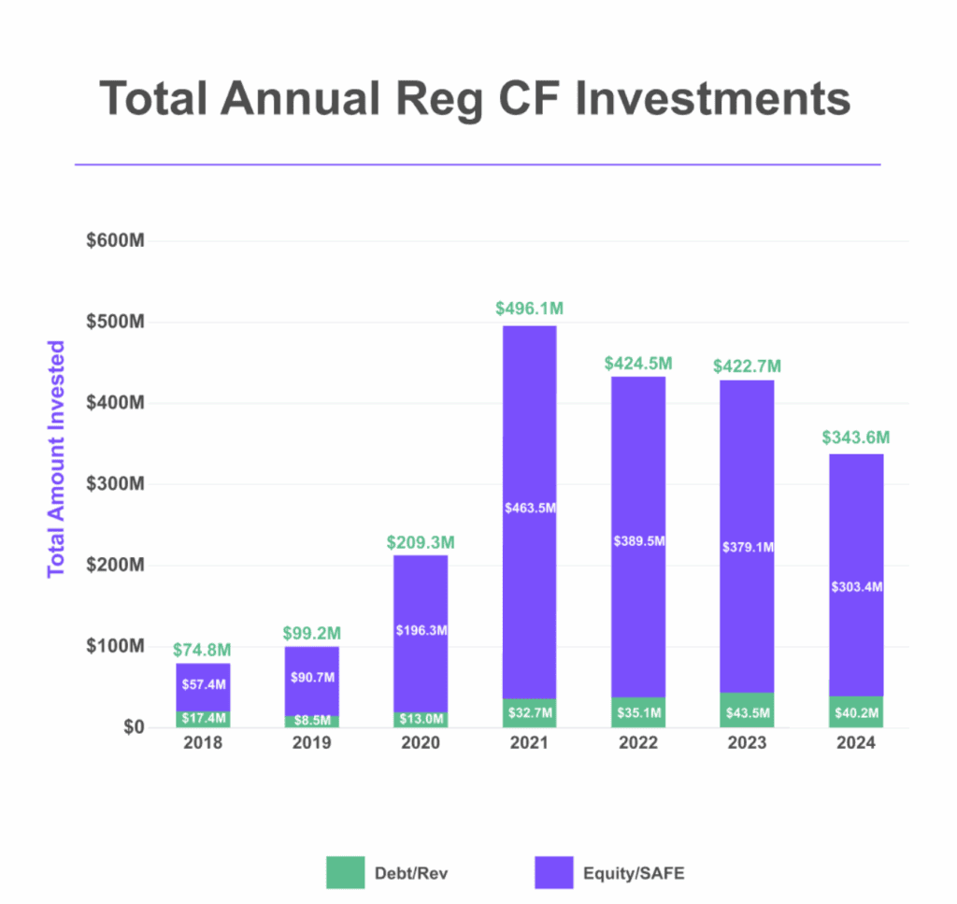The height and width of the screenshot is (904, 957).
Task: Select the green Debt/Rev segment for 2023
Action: point(748,711)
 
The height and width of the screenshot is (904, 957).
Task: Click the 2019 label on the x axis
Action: point(312,744)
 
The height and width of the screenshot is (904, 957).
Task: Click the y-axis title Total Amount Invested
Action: point(56,458)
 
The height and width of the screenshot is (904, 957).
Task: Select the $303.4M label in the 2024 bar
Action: point(857,587)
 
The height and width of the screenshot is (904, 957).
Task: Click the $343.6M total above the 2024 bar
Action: point(856,438)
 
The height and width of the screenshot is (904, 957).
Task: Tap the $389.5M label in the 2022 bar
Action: point(638,541)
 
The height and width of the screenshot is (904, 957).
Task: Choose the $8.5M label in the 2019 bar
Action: point(312,722)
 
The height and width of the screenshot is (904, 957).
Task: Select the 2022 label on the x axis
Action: point(638,744)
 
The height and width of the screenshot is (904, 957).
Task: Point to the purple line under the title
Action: point(478,165)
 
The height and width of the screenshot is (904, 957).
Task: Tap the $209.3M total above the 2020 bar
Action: point(420,542)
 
